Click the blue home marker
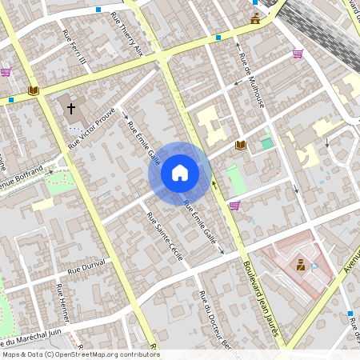pyautogui.click(x=180, y=173)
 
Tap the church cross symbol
pyautogui.click(x=71, y=107)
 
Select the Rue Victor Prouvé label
pyautogui.click(x=92, y=128)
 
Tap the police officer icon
pyautogui.click(x=300, y=265)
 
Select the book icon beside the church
pyautogui.click(x=33, y=91)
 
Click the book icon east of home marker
pyautogui.click(x=240, y=145)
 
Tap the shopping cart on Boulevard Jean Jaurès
pyautogui.click(x=234, y=206)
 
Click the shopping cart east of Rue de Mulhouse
pyautogui.click(x=298, y=54)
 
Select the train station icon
pyautogui.click(x=255, y=18)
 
